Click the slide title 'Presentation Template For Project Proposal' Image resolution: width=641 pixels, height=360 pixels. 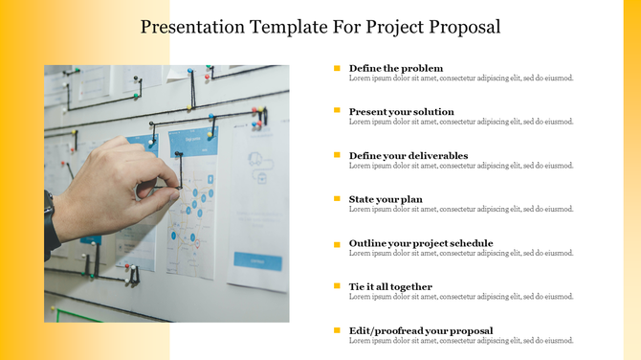pyautogui.click(x=320, y=27)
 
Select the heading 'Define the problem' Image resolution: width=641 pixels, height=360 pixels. pyautogui.click(x=396, y=68)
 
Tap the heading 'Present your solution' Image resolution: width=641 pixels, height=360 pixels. pyautogui.click(x=402, y=112)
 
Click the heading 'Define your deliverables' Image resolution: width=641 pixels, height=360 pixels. pyautogui.click(x=409, y=155)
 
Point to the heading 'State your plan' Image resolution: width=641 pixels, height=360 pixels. pyautogui.click(x=386, y=199)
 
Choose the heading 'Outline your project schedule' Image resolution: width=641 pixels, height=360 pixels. pyautogui.click(x=421, y=243)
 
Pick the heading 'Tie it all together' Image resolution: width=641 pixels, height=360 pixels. pyautogui.click(x=390, y=286)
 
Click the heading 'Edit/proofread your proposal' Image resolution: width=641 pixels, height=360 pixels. pyautogui.click(x=421, y=330)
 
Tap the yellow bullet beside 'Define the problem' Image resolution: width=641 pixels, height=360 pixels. pyautogui.click(x=337, y=68)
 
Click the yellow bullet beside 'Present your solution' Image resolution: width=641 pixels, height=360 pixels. pyautogui.click(x=337, y=111)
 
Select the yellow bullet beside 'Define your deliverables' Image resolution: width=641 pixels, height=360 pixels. pyautogui.click(x=337, y=155)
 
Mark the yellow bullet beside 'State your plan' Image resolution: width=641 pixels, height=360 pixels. pyautogui.click(x=337, y=199)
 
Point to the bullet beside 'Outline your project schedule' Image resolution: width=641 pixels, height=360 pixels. pyautogui.click(x=337, y=244)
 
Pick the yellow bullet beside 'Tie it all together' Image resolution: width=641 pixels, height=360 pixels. pyautogui.click(x=337, y=286)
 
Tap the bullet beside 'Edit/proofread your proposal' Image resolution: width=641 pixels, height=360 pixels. pyautogui.click(x=337, y=330)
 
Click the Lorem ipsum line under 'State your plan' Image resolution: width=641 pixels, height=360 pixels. pyautogui.click(x=461, y=210)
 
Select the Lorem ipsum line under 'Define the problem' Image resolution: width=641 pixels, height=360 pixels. pyautogui.click(x=461, y=79)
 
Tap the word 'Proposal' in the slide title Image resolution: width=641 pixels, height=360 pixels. pyautogui.click(x=465, y=27)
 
